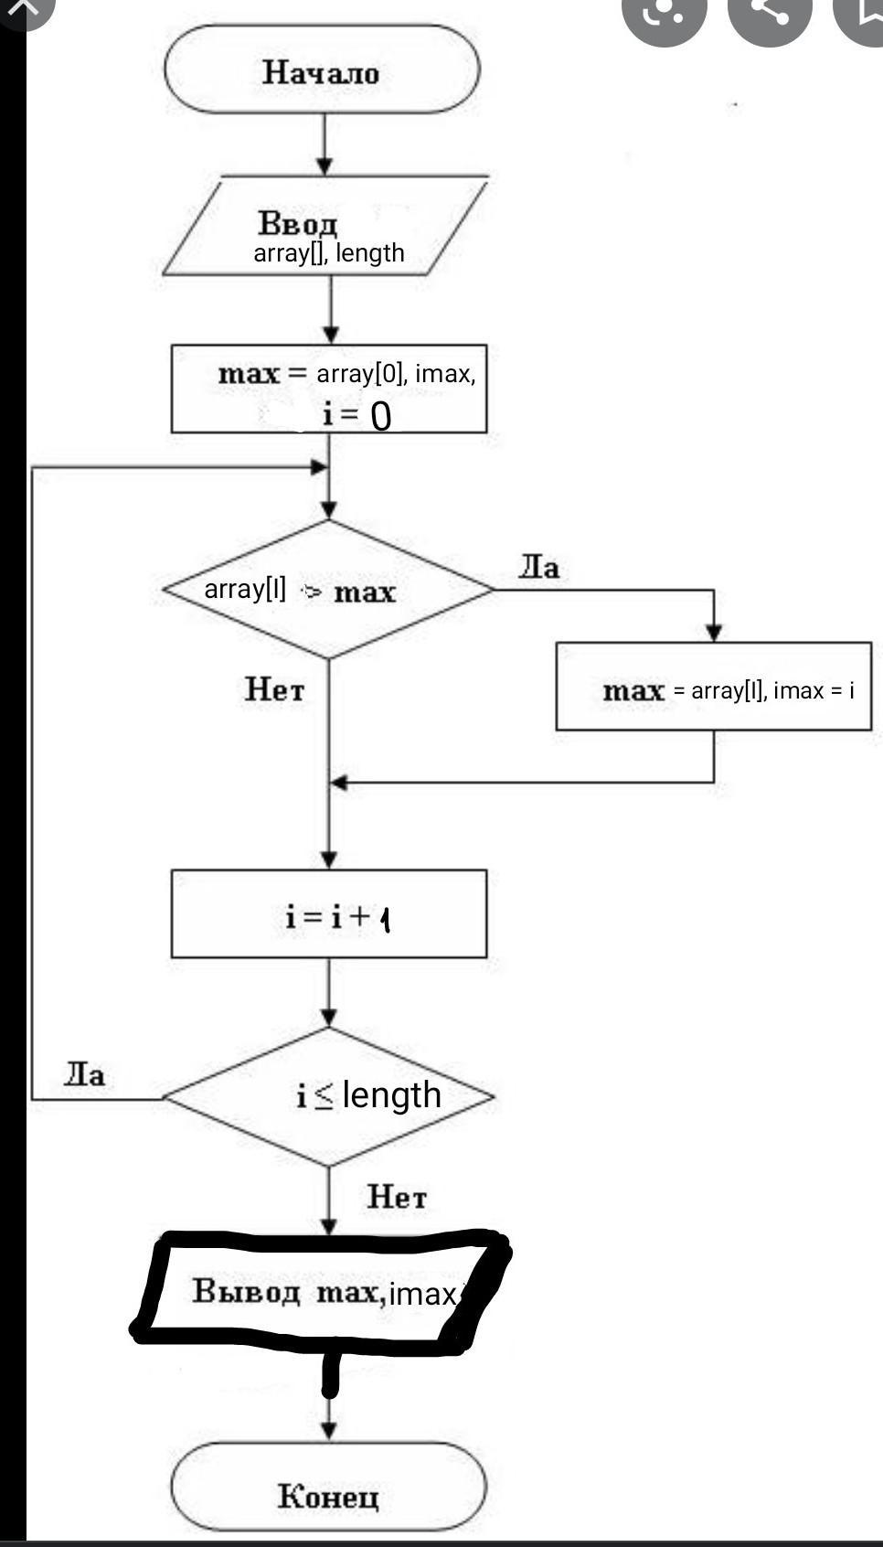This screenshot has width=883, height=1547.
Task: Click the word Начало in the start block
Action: tap(321, 71)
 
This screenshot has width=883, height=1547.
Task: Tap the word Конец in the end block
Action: tap(327, 1496)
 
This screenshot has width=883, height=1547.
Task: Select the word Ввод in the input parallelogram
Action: tap(298, 222)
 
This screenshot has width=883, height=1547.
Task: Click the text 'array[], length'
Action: tap(329, 252)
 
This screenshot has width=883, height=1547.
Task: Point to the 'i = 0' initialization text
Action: tap(356, 415)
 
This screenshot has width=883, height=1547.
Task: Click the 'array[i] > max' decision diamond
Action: tap(327, 590)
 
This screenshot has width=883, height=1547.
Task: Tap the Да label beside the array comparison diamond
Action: tap(539, 568)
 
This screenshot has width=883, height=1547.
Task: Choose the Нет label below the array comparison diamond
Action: tap(274, 688)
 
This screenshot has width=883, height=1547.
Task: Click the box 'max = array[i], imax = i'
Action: tap(713, 688)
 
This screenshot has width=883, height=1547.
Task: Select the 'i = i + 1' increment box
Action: tap(329, 914)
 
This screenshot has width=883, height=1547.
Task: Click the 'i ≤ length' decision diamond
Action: tap(329, 1095)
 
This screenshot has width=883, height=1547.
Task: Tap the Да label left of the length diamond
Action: tap(84, 1074)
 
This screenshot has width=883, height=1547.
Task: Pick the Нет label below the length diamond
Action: tap(397, 1196)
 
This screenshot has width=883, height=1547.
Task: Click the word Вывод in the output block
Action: tap(246, 1291)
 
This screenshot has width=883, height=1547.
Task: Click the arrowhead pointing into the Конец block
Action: tap(329, 1429)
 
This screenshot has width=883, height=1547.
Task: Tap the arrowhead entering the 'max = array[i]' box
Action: tap(714, 632)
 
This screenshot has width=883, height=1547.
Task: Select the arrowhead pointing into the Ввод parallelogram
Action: tap(324, 165)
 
